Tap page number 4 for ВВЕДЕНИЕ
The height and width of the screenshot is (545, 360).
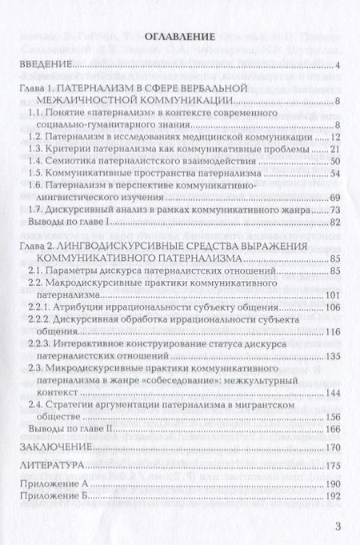point(339,66)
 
